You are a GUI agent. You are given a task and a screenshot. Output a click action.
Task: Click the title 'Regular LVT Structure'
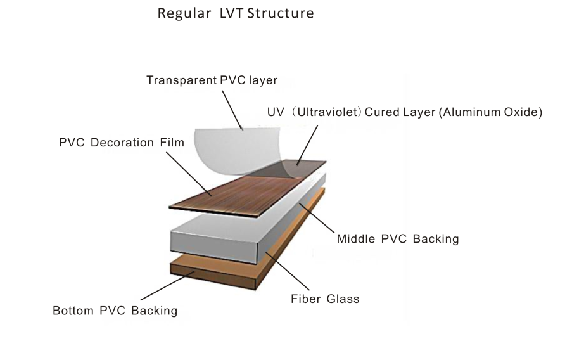(236, 13)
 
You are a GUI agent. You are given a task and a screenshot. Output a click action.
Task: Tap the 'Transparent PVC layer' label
(212, 80)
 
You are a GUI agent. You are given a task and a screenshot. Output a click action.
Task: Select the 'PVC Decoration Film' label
(122, 143)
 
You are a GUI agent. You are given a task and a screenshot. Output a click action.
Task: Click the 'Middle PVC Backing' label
(397, 239)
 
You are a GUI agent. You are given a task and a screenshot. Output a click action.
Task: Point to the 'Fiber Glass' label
(325, 298)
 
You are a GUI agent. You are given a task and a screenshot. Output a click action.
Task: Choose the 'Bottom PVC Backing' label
(115, 311)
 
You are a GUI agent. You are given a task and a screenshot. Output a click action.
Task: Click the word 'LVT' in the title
(238, 13)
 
